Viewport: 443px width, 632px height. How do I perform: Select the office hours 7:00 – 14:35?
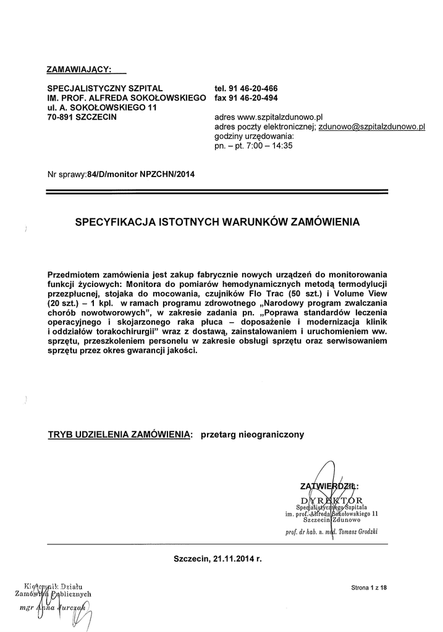[x=266, y=146]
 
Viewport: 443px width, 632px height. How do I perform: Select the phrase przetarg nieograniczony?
[x=253, y=435]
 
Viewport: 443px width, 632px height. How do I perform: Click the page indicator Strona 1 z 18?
[x=369, y=588]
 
